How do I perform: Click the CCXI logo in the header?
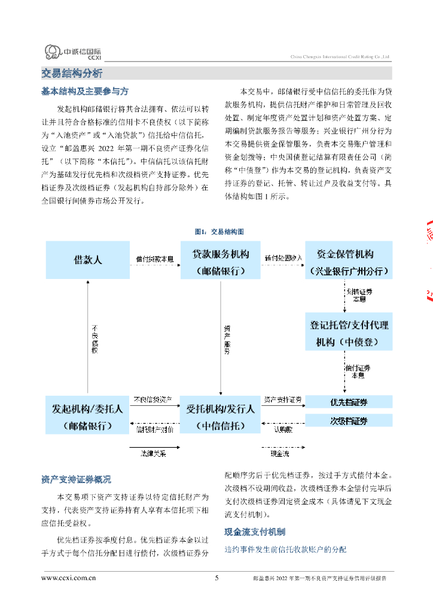[74, 53]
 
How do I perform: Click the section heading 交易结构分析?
[72, 74]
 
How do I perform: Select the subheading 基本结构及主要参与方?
[84, 92]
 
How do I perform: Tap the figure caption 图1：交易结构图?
[219, 231]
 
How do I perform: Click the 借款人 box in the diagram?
[88, 260]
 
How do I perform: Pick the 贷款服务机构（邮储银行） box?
[220, 260]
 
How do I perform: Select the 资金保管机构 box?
[349, 260]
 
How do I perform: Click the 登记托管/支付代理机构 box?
[349, 332]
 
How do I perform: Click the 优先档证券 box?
[349, 402]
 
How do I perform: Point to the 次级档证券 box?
[349, 421]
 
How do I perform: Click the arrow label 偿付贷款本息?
[155, 258]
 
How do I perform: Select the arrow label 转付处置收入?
[283, 258]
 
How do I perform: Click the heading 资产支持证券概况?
[76, 480]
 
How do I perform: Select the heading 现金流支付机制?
[255, 532]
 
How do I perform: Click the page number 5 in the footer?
[216, 578]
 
